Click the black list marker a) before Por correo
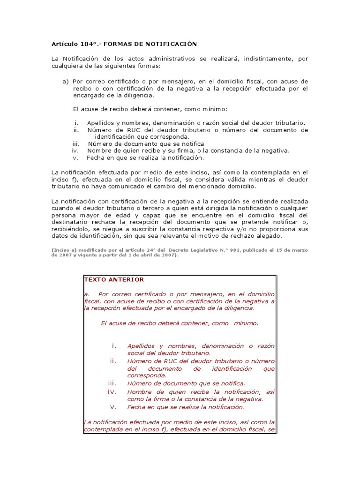coord(66,82)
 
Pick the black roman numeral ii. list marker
coord(76,130)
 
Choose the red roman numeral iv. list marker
coord(112,391)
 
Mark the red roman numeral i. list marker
coord(113,345)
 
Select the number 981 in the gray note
coord(234,250)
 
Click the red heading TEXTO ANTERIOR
coord(114,279)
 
